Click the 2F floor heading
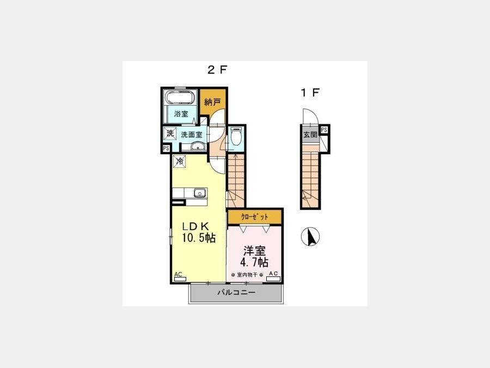click(217, 69)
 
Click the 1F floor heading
click(310, 92)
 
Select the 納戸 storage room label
click(212, 102)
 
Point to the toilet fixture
click(236, 136)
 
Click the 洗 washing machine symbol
click(170, 134)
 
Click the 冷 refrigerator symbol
click(179, 162)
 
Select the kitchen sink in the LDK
click(200, 193)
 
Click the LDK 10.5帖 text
click(199, 232)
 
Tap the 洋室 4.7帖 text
click(254, 256)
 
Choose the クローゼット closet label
click(255, 217)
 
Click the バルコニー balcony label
click(237, 293)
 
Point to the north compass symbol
click(310, 237)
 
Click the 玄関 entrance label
click(310, 135)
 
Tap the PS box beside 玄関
click(324, 130)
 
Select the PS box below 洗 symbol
click(166, 148)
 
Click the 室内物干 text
click(247, 275)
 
